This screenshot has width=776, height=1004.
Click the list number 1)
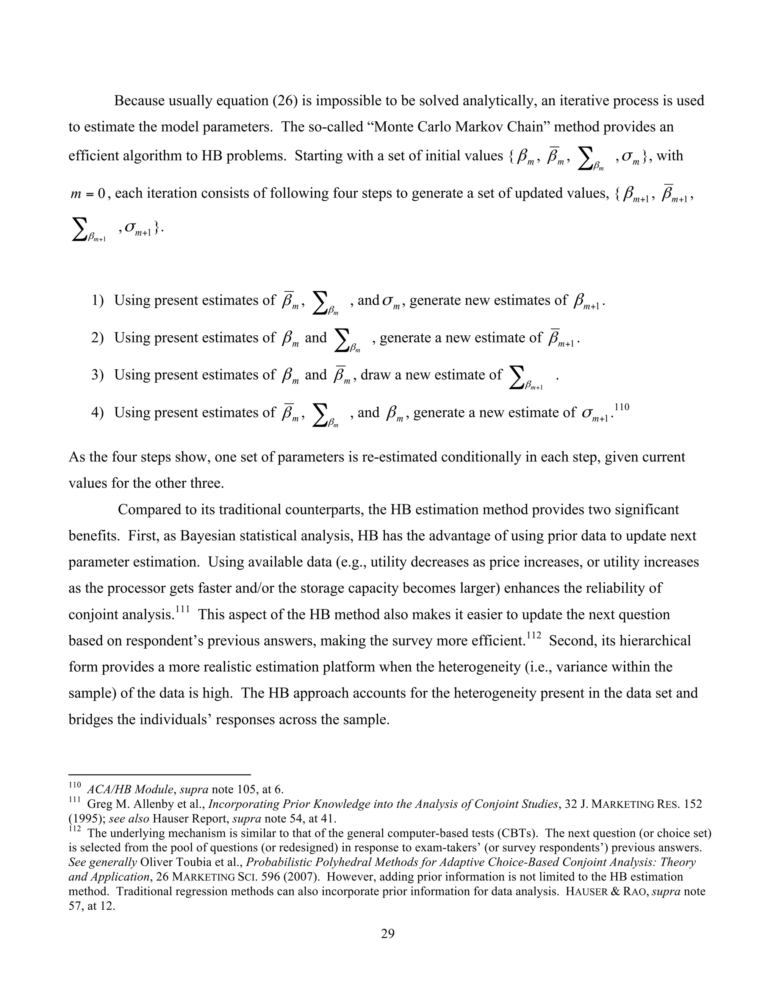tap(97, 301)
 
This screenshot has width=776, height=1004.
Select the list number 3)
tap(97, 375)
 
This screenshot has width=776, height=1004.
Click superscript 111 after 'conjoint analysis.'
tap(183, 610)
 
